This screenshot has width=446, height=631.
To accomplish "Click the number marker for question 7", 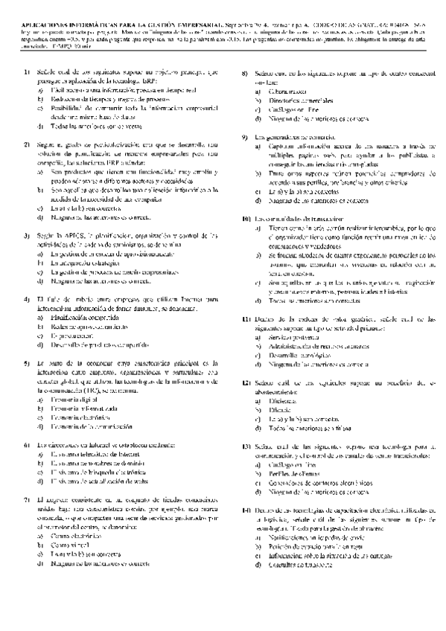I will [28, 499].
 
